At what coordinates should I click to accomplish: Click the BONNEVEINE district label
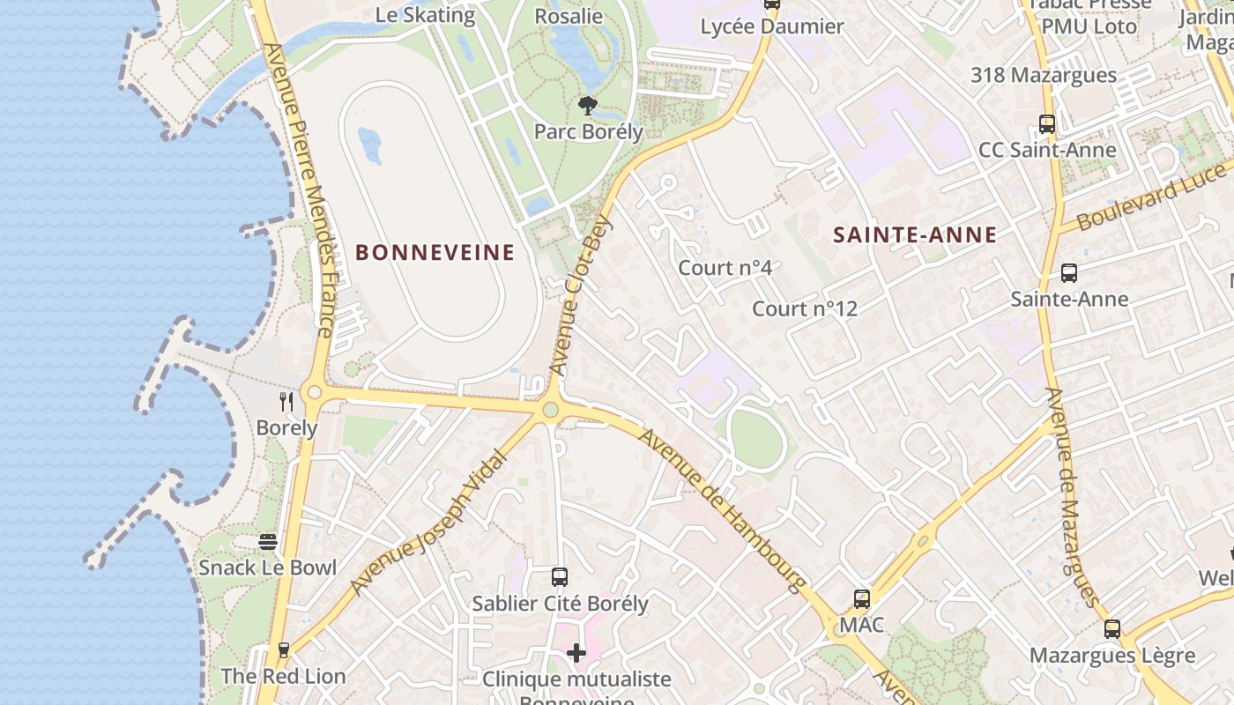[x=435, y=253]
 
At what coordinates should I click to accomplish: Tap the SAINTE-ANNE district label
[x=915, y=235]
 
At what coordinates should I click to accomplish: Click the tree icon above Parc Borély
[x=587, y=107]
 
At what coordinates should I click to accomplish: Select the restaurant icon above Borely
[x=286, y=402]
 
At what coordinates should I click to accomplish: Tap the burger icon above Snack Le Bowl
[x=268, y=541]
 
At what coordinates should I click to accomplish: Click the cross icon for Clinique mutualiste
[x=576, y=653]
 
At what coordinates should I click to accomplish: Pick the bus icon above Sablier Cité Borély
[x=560, y=577]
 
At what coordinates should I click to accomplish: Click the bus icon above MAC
[x=862, y=599]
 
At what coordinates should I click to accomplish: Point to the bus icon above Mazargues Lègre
[x=1112, y=629]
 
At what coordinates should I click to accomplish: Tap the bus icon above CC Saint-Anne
[x=1047, y=124]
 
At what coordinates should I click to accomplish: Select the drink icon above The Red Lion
[x=283, y=650]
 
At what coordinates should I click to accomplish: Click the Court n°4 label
[x=725, y=268]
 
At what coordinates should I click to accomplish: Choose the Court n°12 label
[x=804, y=309]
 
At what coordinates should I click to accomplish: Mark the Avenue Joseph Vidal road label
[x=430, y=523]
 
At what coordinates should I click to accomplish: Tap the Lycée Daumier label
[x=772, y=27]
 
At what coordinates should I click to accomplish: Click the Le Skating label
[x=425, y=15]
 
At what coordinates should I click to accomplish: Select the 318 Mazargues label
[x=1044, y=76]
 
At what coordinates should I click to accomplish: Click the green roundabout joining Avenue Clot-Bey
[x=551, y=410]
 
